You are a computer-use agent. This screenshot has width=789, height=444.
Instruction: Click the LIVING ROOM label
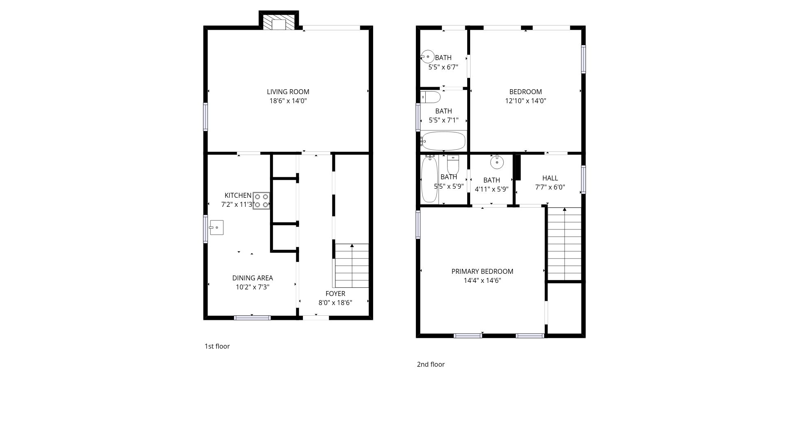288,92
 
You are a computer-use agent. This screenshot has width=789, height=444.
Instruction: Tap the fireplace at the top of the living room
279,21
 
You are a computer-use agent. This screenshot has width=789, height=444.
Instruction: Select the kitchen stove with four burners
261,201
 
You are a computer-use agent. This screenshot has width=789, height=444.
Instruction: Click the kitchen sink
216,227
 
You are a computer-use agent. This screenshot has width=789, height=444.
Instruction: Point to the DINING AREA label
252,278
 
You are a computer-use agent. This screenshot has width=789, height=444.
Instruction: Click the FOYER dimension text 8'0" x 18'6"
335,303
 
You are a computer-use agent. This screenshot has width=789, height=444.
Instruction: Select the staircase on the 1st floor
352,266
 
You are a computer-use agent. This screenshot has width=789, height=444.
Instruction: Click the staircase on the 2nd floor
565,244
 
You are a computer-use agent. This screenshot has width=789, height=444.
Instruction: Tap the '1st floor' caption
217,346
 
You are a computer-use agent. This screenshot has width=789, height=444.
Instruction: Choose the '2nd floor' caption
431,364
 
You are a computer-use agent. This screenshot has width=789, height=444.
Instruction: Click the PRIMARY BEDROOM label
482,271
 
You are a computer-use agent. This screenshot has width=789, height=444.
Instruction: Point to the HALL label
550,178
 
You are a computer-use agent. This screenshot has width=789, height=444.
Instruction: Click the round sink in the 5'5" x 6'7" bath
427,56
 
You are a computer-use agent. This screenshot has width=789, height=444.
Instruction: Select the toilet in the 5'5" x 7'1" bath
430,97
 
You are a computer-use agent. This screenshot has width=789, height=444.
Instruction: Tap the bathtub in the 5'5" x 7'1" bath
443,141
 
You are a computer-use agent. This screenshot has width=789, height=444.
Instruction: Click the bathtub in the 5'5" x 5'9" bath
429,179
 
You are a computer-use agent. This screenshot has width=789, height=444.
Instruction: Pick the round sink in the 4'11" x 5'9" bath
497,162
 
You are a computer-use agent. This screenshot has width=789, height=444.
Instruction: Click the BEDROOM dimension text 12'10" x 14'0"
526,101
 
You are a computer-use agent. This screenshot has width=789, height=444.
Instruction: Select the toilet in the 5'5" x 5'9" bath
453,165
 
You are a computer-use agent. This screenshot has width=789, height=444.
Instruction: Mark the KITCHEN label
238,195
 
